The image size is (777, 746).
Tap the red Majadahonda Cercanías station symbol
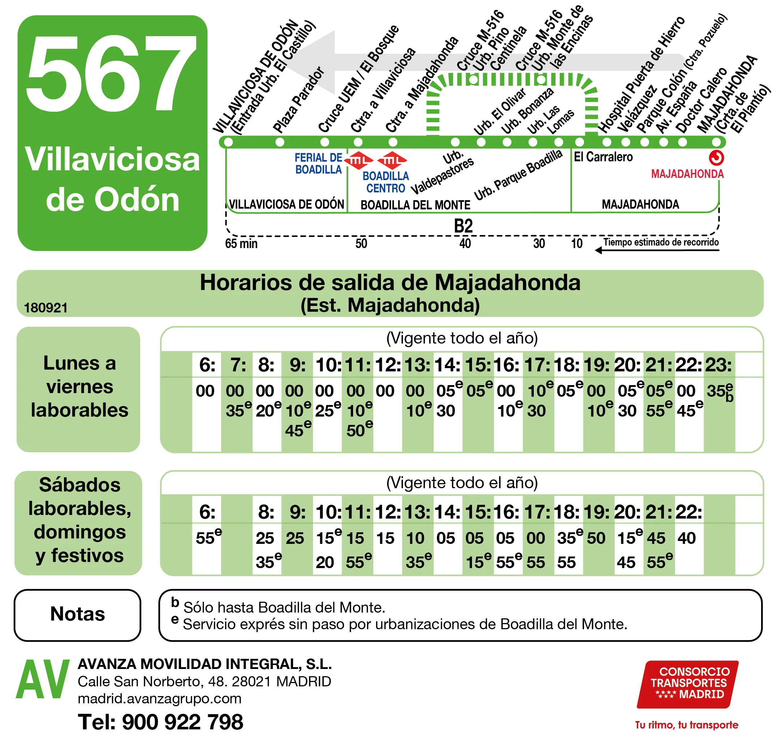716,158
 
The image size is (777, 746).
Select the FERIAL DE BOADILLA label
318,163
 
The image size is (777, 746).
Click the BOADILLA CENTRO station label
385,182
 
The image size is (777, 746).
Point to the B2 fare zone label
463,226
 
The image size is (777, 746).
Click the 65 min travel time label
241,243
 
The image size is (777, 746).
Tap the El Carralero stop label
603,157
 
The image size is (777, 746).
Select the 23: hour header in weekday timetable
718,365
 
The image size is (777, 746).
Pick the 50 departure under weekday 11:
356,431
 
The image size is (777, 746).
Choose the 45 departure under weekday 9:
295,431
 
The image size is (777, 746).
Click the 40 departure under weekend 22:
687,538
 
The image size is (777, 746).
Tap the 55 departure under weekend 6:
205,538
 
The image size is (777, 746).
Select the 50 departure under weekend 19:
596,538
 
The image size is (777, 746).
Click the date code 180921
46,308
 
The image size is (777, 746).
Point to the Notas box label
78,614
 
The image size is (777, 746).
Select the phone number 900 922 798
183,722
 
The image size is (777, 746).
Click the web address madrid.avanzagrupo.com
159,698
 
